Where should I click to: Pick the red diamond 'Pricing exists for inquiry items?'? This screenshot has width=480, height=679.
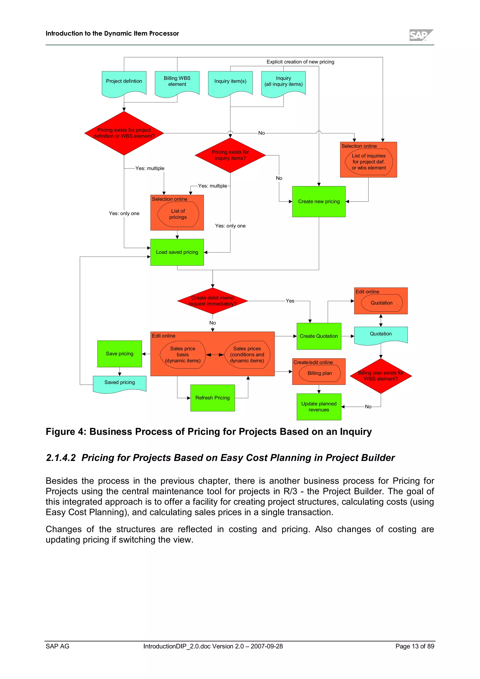click(230, 155)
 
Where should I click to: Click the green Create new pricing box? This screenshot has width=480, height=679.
click(319, 201)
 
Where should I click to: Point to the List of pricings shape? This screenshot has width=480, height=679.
click(178, 214)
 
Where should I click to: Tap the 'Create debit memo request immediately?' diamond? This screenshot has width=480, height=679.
click(212, 301)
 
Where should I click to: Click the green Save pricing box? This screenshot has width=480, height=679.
click(120, 354)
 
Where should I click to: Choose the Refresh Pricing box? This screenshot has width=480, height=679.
click(212, 398)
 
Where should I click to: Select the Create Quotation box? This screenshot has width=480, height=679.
click(319, 336)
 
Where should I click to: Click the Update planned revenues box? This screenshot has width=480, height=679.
click(319, 407)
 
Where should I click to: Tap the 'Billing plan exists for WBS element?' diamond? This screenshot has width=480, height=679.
click(381, 376)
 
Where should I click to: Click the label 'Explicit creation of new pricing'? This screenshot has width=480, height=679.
click(300, 62)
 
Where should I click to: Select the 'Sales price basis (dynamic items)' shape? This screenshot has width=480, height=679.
click(183, 354)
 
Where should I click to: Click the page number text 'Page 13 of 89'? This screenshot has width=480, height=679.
click(415, 646)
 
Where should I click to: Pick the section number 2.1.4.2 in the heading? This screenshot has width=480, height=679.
click(61, 458)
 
